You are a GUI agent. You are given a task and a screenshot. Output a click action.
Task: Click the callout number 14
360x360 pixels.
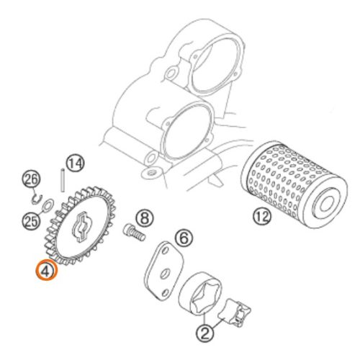pyautogui.click(x=76, y=163)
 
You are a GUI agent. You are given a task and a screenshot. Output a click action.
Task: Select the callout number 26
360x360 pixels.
pyautogui.click(x=31, y=180)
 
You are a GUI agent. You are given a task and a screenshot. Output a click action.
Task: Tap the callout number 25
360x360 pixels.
pyautogui.click(x=31, y=221)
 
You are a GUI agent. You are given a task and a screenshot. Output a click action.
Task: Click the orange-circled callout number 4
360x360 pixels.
pyautogui.click(x=47, y=270)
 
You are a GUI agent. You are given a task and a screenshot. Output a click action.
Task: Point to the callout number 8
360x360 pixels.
pyautogui.click(x=145, y=218)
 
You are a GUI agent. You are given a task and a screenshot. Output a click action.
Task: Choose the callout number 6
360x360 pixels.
pyautogui.click(x=184, y=238)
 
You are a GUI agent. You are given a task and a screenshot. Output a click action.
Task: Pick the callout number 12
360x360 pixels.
pyautogui.click(x=262, y=217)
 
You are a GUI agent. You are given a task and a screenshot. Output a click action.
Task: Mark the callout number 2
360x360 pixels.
pyautogui.click(x=204, y=333)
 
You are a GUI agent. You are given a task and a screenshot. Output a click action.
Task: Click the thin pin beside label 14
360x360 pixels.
pyautogui.click(x=63, y=180)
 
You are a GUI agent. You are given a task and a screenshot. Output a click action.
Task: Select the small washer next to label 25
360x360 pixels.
pyautogui.click(x=48, y=204)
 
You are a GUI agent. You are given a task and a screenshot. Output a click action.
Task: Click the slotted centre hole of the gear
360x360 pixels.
pyautogui.click(x=81, y=227)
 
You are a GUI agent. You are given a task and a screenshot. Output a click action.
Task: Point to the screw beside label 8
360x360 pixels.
pyautogui.click(x=135, y=233)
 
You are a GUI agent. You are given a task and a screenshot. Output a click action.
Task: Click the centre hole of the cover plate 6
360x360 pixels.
pyautogui.click(x=165, y=274)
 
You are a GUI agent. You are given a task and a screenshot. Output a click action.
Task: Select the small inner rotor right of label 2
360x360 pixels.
pyautogui.click(x=236, y=312)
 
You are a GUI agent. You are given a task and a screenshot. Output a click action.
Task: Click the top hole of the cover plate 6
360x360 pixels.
pyautogui.click(x=165, y=251)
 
